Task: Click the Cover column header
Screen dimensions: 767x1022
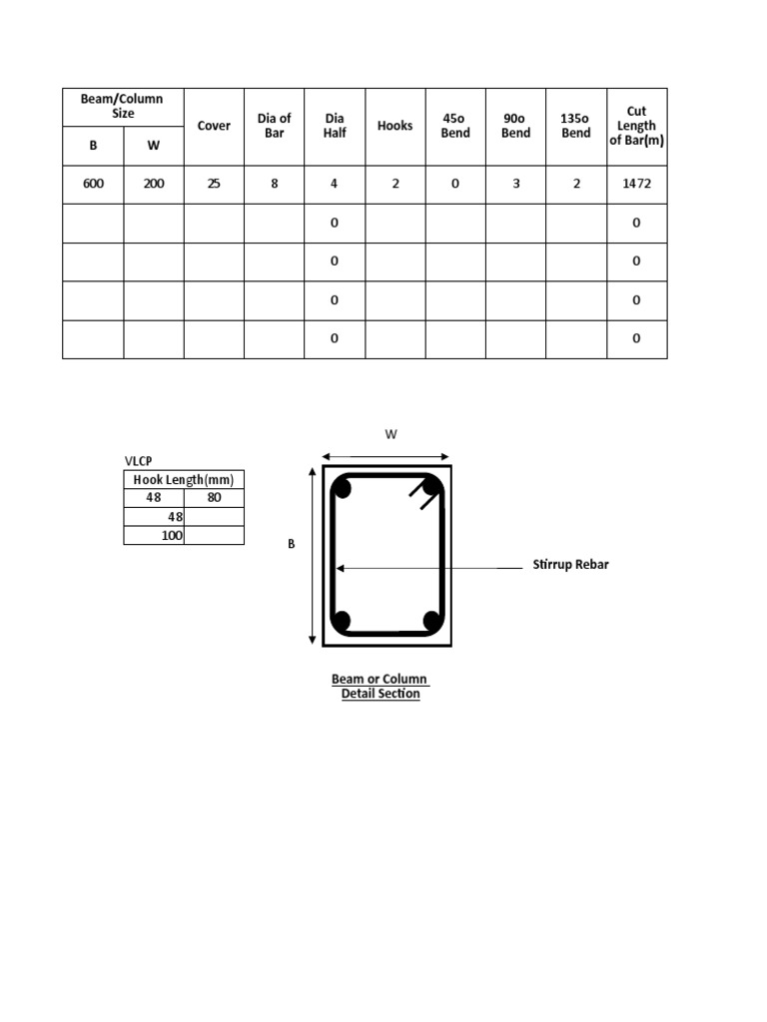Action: pos(214,126)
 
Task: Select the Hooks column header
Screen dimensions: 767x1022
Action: pos(395,126)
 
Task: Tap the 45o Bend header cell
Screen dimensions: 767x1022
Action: pos(455,126)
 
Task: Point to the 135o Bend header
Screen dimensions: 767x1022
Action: pos(576,126)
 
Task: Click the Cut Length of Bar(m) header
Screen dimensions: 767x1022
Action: pos(636,126)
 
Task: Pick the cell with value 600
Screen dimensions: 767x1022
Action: pos(93,184)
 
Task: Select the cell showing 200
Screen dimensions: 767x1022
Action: pos(154,184)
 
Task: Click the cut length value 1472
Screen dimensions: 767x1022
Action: pos(636,184)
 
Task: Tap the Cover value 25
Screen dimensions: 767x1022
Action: pos(214,184)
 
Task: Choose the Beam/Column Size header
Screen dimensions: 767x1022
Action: pos(123,106)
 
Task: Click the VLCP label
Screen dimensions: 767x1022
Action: pos(138,461)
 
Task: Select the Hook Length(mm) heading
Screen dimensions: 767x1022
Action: pos(184,480)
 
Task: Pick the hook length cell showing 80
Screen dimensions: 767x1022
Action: pos(214,498)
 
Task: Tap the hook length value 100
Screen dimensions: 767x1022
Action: pos(172,536)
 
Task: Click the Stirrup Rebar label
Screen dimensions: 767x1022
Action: pos(570,565)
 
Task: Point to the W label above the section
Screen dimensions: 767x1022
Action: pos(390,435)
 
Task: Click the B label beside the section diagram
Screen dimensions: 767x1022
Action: pos(292,544)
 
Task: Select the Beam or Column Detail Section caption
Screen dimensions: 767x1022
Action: pos(381,687)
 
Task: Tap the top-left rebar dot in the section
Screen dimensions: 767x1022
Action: pos(342,488)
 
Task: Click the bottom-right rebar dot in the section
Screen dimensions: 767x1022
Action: pos(432,620)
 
